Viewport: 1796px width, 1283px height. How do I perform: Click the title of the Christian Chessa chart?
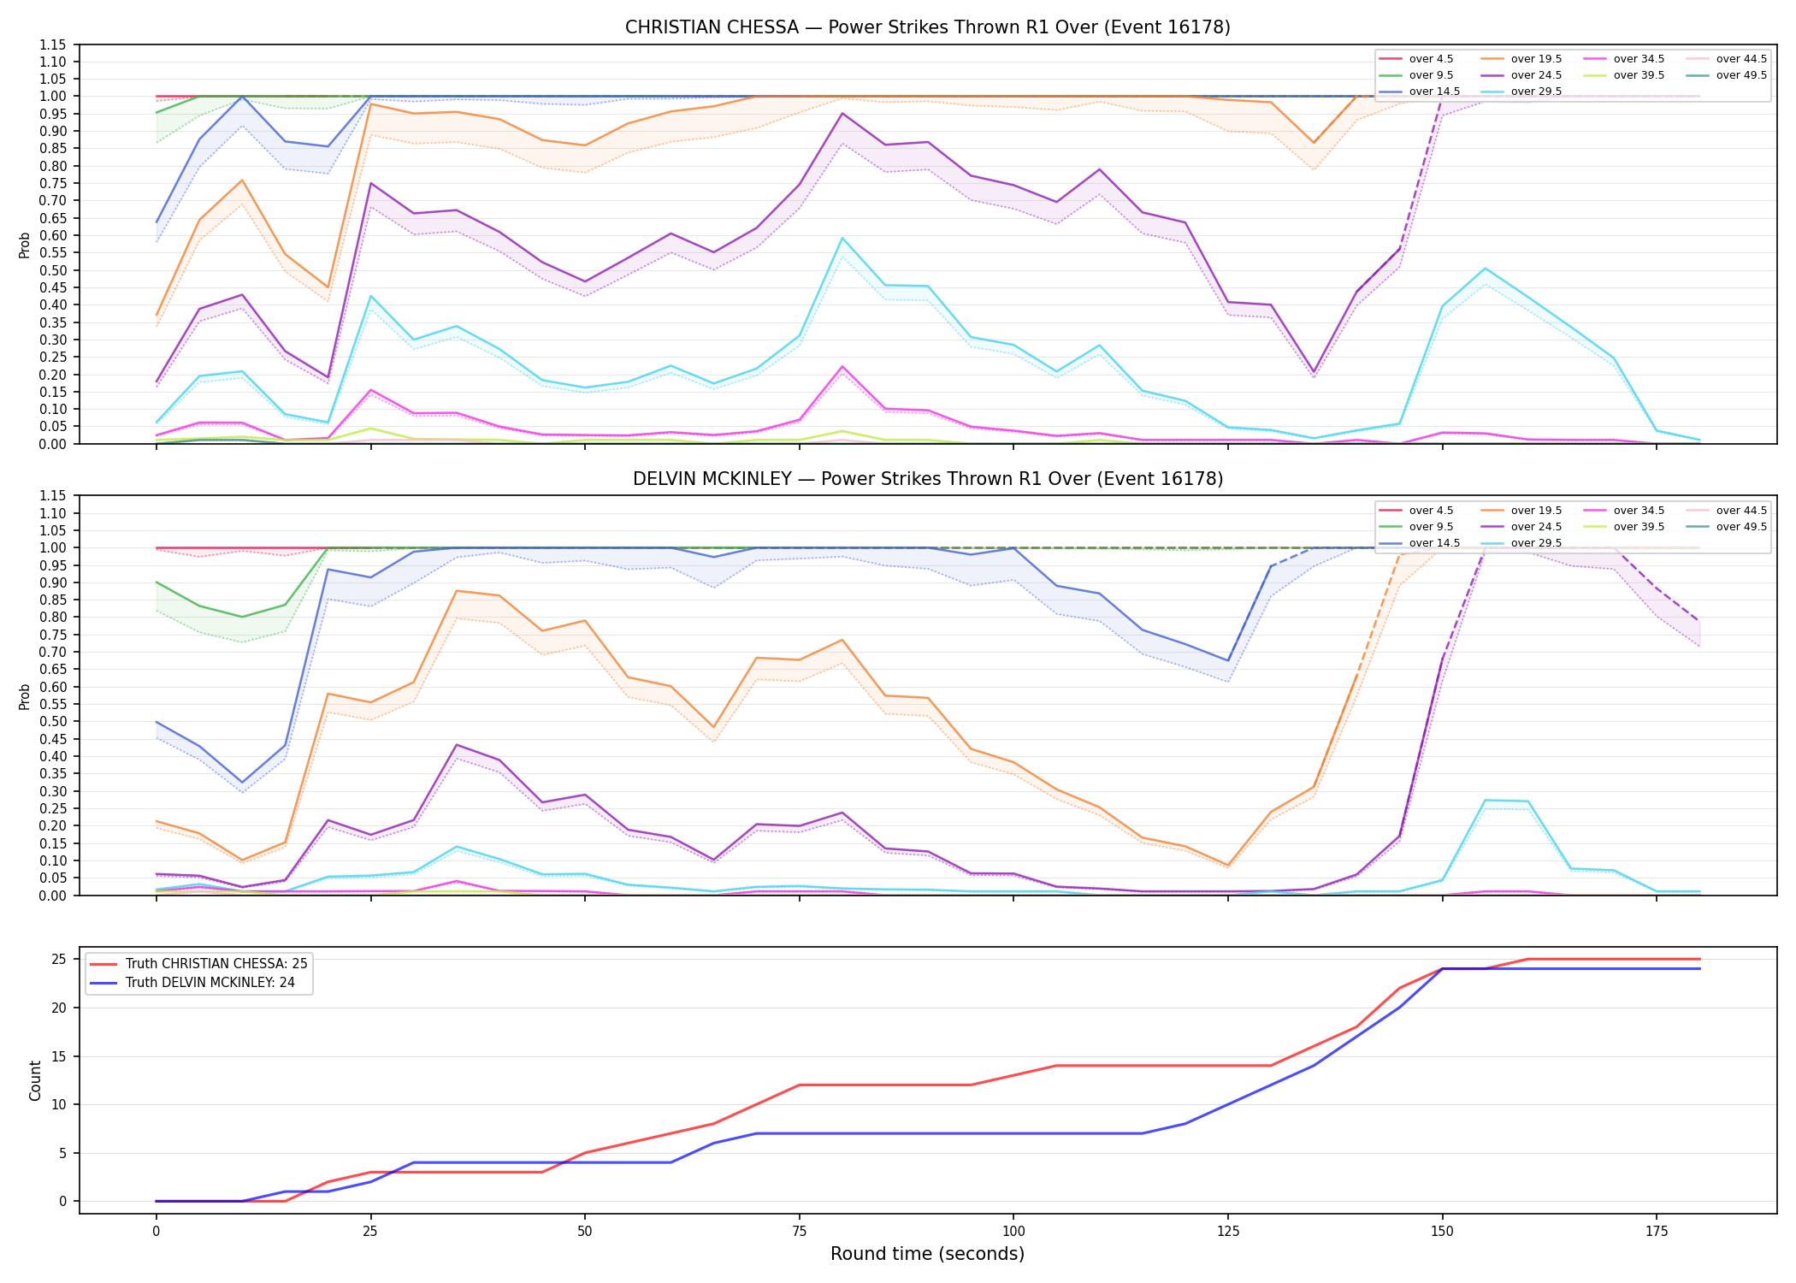(927, 27)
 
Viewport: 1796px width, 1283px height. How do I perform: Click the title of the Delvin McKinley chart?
(927, 479)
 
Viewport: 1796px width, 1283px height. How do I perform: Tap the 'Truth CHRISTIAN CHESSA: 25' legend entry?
(198, 964)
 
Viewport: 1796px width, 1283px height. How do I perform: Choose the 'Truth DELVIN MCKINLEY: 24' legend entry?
(192, 983)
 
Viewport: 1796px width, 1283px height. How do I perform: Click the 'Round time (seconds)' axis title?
(927, 1254)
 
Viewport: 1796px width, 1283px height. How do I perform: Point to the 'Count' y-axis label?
(35, 1080)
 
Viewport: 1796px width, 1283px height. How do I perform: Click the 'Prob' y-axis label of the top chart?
(25, 245)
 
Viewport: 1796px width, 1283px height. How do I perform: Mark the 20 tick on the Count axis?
(59, 1008)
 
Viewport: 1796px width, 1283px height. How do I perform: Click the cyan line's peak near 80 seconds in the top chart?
(842, 238)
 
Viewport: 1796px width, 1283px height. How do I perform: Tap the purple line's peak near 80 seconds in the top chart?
(842, 113)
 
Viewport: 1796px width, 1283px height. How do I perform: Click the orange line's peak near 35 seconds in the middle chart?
(457, 591)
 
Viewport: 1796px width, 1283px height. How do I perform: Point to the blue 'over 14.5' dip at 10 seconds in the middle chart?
(242, 783)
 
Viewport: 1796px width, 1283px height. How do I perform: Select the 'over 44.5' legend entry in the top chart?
(1727, 59)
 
